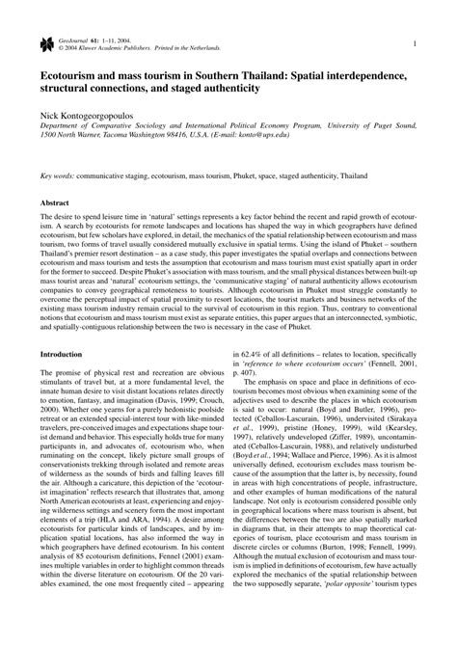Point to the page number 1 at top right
tap(413, 43)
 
